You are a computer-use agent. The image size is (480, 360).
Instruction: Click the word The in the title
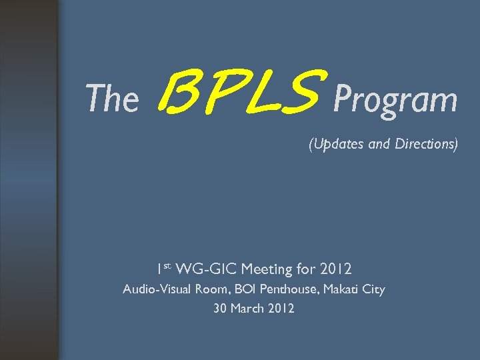(x=112, y=100)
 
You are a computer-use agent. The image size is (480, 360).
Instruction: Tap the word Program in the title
(x=395, y=100)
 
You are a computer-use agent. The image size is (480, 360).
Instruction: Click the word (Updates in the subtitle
(x=335, y=144)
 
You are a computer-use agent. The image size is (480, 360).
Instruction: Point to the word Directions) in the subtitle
(x=425, y=143)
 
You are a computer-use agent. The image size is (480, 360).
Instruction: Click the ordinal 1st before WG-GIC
(x=163, y=269)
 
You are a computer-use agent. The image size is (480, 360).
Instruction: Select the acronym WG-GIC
(x=206, y=269)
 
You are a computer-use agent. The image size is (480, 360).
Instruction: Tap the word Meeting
(x=268, y=269)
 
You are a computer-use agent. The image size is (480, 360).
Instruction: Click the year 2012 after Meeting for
(x=336, y=269)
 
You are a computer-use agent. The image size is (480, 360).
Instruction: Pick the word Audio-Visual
(x=158, y=289)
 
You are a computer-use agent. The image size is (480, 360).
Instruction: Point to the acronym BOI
(x=249, y=289)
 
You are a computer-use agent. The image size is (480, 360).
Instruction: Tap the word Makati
(x=343, y=289)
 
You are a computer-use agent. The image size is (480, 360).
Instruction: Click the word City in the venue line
(x=375, y=289)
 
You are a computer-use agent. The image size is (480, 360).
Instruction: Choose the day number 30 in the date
(x=220, y=309)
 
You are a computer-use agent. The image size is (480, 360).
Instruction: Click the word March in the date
(x=248, y=309)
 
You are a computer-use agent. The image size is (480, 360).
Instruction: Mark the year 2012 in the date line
(x=281, y=309)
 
